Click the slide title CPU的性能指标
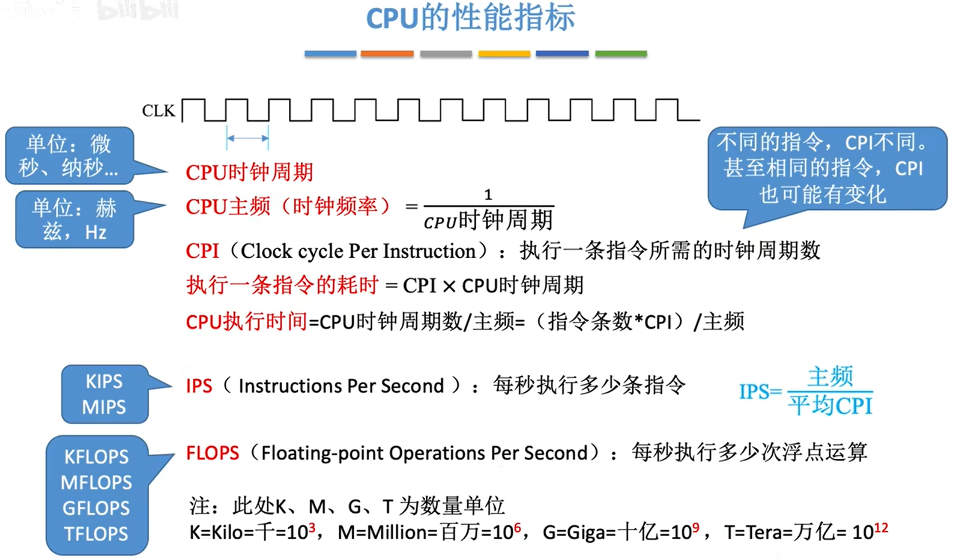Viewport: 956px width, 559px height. pyautogui.click(x=471, y=19)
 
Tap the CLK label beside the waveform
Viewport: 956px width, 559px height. pyautogui.click(x=159, y=111)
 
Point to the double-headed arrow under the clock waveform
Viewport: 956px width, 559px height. pyautogui.click(x=247, y=138)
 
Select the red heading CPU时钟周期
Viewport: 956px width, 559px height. pyautogui.click(x=249, y=172)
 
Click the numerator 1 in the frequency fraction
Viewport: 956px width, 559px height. pyautogui.click(x=488, y=195)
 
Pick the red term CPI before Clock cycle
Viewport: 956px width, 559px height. pyautogui.click(x=202, y=251)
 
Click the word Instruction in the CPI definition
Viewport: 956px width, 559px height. pyautogui.click(x=429, y=251)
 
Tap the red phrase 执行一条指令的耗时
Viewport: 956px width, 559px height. pyautogui.click(x=282, y=285)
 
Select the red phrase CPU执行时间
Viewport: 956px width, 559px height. pyautogui.click(x=247, y=321)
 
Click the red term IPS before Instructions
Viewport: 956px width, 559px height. pyautogui.click(x=199, y=386)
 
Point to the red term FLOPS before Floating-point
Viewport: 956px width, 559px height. pyautogui.click(x=213, y=453)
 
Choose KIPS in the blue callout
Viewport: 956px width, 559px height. pyautogui.click(x=104, y=381)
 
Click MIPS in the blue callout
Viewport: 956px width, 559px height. pyautogui.click(x=104, y=407)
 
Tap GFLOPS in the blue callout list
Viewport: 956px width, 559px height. pyautogui.click(x=96, y=508)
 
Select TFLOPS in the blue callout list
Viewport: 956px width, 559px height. pyautogui.click(x=96, y=534)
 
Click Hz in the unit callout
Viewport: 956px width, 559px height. pyautogui.click(x=95, y=232)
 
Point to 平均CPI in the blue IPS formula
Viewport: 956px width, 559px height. pyautogui.click(x=830, y=405)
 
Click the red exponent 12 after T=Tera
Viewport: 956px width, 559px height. pyautogui.click(x=881, y=528)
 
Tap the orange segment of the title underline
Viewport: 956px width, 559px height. pyautogui.click(x=387, y=54)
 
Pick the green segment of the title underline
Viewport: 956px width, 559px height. pyautogui.click(x=621, y=54)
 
